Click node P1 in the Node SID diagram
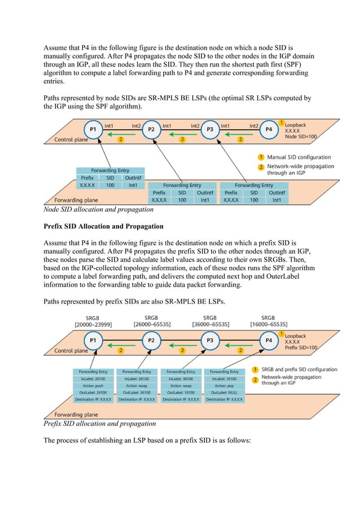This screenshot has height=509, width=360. coord(93,129)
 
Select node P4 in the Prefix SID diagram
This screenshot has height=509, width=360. coord(269,340)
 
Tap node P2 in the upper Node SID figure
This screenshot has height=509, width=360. coord(151,129)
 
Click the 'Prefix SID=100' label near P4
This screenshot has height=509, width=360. coord(301,348)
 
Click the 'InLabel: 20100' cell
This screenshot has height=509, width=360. coord(93,379)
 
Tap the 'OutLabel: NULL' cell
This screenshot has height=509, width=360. coord(225,392)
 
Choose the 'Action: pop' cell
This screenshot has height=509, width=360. coord(225,385)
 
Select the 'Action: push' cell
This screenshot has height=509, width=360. coord(93,385)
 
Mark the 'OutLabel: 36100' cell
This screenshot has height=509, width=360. coord(137,392)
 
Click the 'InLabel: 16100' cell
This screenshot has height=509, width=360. coord(225,379)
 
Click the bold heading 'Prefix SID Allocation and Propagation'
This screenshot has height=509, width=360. coord(104,227)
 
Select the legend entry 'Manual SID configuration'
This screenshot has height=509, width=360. coord(298,157)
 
